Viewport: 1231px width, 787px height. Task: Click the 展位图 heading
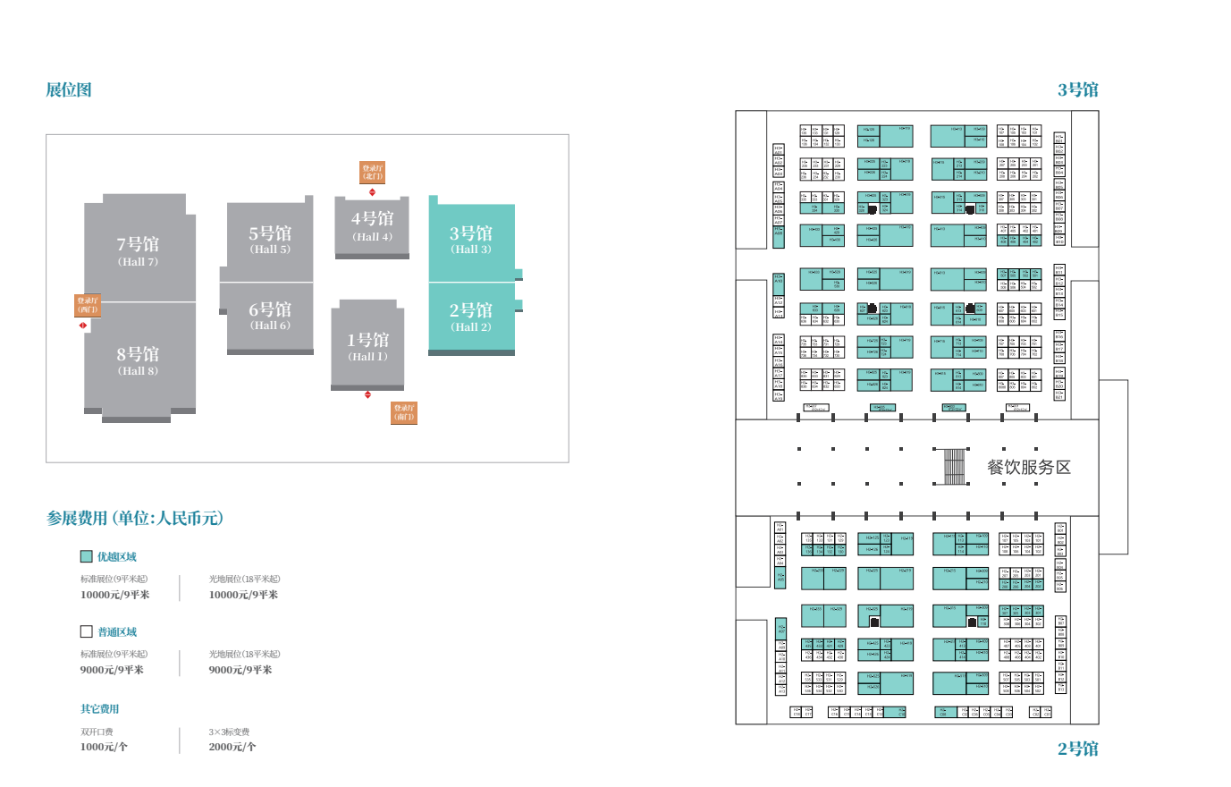(69, 89)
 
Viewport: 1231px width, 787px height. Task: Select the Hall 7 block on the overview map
(138, 250)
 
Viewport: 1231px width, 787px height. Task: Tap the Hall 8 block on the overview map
(138, 360)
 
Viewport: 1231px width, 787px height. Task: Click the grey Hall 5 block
(270, 239)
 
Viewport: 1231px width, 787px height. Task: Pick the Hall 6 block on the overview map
(270, 315)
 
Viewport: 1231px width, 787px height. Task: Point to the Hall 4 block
(372, 225)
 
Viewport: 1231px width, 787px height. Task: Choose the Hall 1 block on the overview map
(367, 346)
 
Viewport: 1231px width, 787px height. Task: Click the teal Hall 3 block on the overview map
(471, 240)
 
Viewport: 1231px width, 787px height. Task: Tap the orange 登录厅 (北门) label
(372, 173)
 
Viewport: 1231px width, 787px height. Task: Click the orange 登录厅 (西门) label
(87, 306)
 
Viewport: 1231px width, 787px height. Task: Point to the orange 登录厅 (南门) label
(404, 412)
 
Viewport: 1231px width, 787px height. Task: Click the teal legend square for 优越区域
(87, 556)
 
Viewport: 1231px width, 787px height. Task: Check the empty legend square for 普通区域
(87, 631)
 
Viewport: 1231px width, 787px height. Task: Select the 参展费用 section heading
(134, 518)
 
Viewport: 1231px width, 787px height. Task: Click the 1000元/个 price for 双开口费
(104, 747)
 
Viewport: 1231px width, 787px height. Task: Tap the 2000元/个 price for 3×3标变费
(232, 747)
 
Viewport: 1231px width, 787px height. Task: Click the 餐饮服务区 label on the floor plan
(1028, 467)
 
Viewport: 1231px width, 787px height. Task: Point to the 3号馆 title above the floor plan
(1077, 89)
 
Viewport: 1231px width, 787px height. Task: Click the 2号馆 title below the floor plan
(1077, 749)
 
